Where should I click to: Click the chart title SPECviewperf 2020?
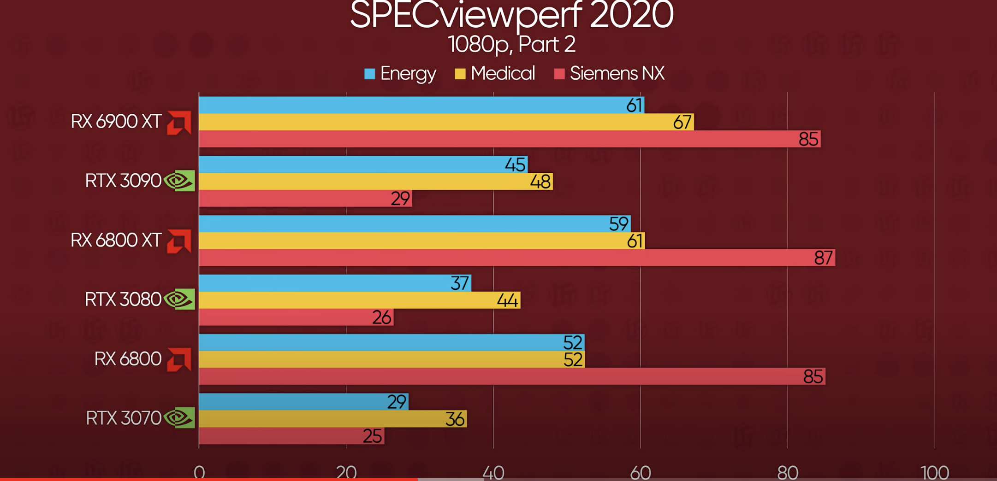coord(511,16)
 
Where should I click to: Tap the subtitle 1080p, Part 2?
coord(511,45)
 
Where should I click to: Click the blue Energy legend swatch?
coord(369,74)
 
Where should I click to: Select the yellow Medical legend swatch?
coord(460,74)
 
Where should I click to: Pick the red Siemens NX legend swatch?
coord(559,74)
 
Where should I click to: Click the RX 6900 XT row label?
coord(116,122)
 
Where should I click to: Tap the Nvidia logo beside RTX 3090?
coord(179,181)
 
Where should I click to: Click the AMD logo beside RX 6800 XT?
coord(179,241)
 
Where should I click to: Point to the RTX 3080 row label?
coord(123,299)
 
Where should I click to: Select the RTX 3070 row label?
coord(123,418)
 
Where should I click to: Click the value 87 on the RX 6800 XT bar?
coord(823,258)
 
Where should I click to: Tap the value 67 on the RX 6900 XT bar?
coord(682,123)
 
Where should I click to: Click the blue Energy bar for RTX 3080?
coord(323,283)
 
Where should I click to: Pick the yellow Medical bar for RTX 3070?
coord(323,419)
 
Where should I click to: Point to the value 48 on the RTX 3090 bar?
coord(540,182)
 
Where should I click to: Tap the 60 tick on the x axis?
coord(640,472)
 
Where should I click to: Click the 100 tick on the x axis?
coord(934,472)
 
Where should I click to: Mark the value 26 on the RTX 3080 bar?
coord(382,317)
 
